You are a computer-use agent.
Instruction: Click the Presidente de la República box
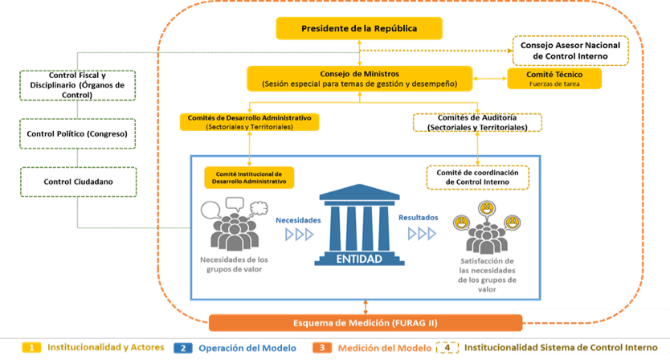359,29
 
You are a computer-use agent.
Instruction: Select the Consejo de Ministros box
359,78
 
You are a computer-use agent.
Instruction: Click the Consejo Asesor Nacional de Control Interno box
570,49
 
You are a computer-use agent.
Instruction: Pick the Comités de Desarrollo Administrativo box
250,121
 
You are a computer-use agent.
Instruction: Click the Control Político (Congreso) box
78,133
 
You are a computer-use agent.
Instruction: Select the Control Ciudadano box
78,182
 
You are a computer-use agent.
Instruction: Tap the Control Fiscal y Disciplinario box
76,85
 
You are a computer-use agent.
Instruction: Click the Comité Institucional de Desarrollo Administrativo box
249,178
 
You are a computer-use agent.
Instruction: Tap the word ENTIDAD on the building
359,260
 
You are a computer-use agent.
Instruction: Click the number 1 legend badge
31,348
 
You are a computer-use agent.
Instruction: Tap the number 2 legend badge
183,348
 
